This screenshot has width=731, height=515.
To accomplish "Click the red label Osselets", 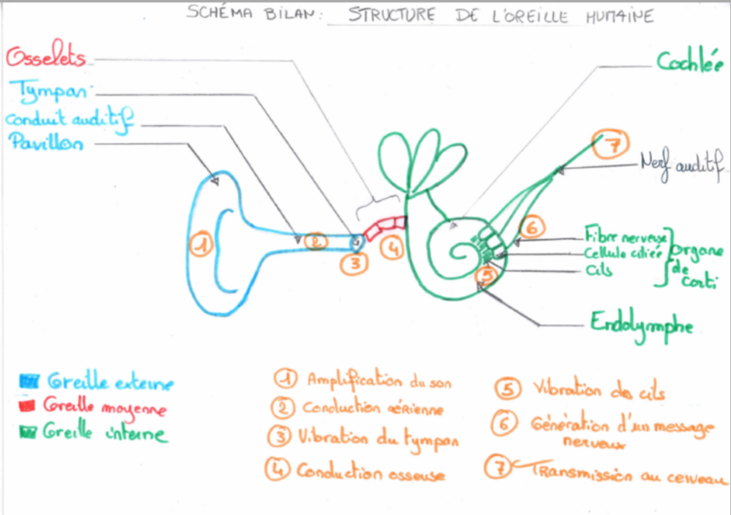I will pos(46,58).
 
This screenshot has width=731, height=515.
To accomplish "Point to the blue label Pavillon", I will pos(46,143).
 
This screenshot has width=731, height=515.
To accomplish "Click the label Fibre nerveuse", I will pos(626,237).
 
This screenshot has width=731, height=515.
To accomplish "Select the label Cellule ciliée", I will pos(625,253).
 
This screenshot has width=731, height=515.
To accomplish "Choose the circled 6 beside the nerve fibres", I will pos(532,227).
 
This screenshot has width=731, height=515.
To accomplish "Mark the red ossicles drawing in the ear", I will pos(384,227).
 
